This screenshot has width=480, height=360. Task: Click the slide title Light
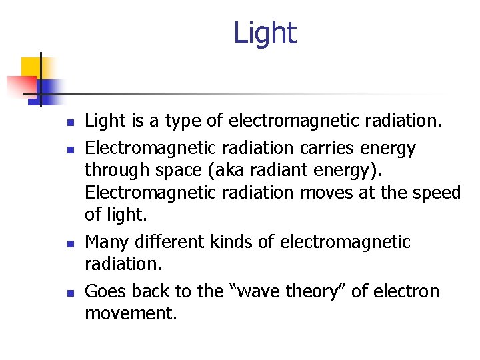click(x=265, y=33)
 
